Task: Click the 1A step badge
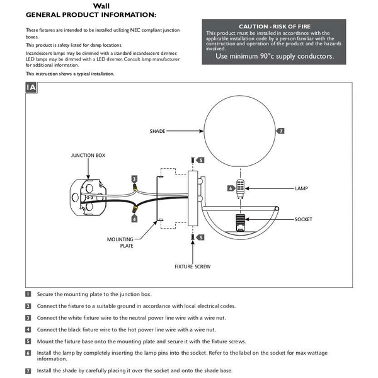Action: (31, 88)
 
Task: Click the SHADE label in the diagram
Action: (157, 131)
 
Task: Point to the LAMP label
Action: (301, 188)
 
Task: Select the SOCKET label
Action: (303, 219)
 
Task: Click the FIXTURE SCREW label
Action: (193, 266)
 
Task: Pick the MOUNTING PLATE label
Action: (120, 243)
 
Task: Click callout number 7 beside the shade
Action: (280, 131)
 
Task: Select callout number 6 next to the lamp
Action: (231, 188)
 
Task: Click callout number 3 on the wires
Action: (134, 179)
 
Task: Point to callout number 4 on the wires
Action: (134, 219)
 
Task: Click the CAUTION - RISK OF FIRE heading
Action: (270, 26)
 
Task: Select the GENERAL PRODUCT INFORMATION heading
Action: (91, 14)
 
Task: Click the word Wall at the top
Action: (101, 5)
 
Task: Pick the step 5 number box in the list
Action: (28, 341)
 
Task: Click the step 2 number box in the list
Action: (28, 306)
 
